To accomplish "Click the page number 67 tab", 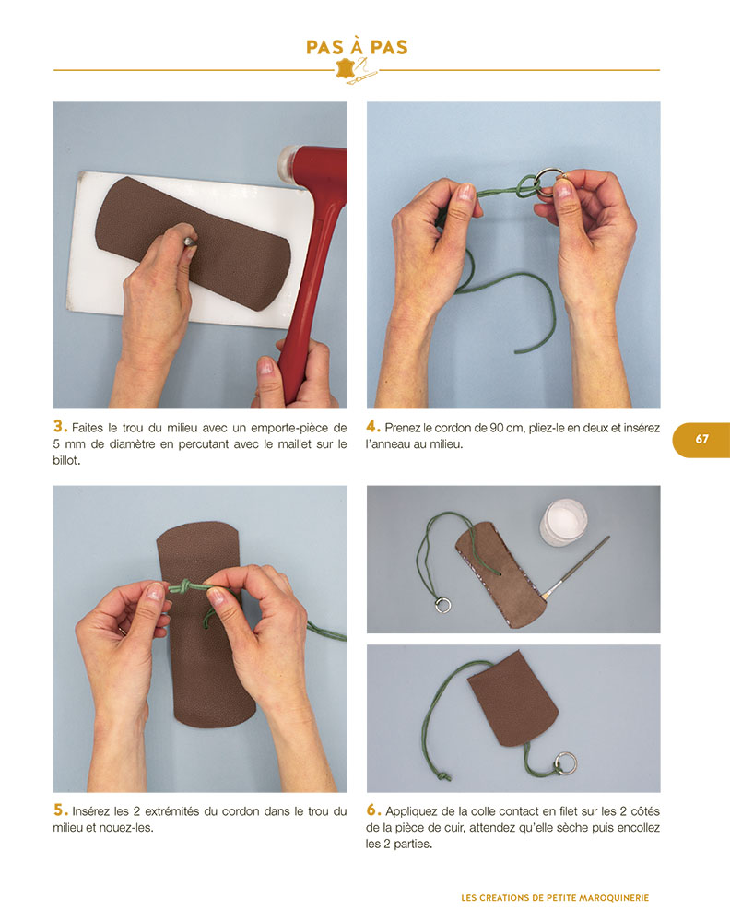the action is pos(701,439).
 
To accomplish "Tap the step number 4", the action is pos(373,426).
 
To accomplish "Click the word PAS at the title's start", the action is pos(325,47).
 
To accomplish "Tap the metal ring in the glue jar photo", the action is pos(443,605).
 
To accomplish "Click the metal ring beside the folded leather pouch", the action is pos(565,762).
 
